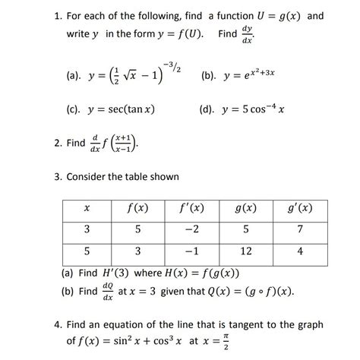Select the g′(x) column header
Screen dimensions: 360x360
pyautogui.click(x=300, y=207)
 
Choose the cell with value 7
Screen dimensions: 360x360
pyautogui.click(x=300, y=229)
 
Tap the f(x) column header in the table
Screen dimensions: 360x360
pyautogui.click(x=138, y=207)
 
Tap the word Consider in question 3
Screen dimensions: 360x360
pyautogui.click(x=96, y=177)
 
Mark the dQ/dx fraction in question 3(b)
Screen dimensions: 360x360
pyautogui.click(x=108, y=292)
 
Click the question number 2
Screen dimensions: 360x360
pyautogui.click(x=58, y=142)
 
